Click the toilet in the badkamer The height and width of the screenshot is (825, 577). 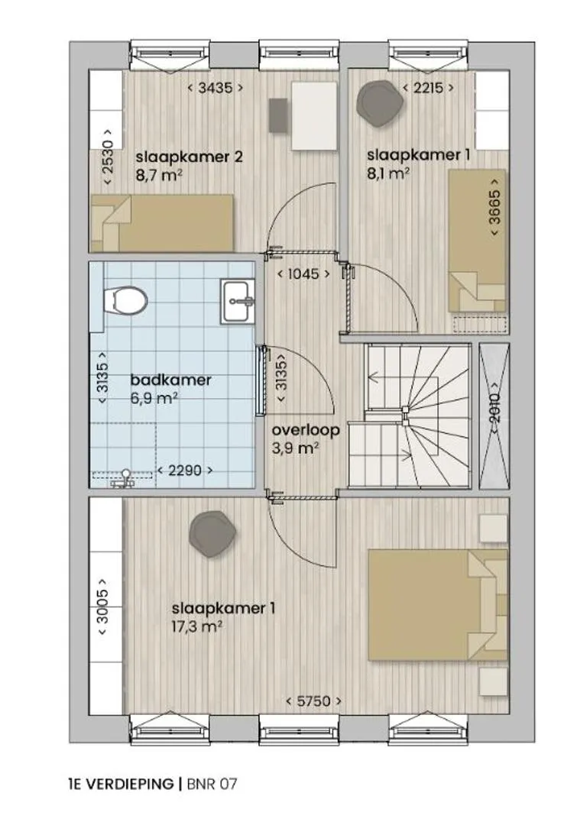coord(125,300)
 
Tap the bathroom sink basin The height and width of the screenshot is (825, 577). coord(238,300)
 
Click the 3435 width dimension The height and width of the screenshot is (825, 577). coord(216,88)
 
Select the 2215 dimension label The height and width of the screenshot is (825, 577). coord(428,88)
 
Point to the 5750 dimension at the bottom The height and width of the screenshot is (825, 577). coord(314,700)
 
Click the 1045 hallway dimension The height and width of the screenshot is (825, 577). coord(303,273)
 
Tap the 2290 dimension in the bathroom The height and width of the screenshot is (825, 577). coord(186,470)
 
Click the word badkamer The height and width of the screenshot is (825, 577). coord(170,380)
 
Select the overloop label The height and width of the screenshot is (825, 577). coord(306,430)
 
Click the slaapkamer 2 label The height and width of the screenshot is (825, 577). coord(189,157)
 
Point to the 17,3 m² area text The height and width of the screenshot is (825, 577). coord(196,626)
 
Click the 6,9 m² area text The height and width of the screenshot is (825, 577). coord(153,398)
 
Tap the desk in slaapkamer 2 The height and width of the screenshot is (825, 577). coord(314,116)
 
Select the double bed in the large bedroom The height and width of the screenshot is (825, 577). coord(438,604)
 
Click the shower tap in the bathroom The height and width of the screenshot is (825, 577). coord(125,477)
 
